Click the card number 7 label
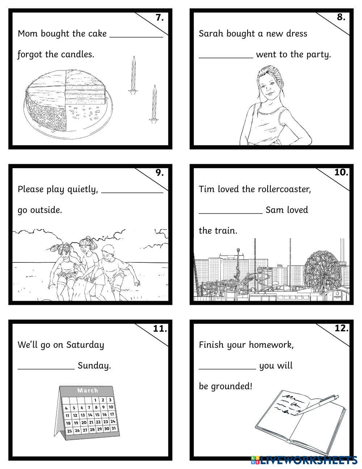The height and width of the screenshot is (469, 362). click(x=160, y=17)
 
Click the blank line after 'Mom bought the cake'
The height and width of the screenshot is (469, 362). click(x=136, y=37)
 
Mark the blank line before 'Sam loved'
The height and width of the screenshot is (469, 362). click(x=231, y=214)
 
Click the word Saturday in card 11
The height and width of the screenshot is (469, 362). click(x=85, y=345)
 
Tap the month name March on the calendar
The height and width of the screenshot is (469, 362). click(x=88, y=390)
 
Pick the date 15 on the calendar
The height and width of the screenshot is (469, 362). click(x=97, y=415)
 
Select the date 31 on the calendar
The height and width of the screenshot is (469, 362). click(x=114, y=428)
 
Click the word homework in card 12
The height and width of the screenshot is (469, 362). click(x=271, y=345)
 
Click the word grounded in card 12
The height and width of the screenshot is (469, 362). click(x=231, y=386)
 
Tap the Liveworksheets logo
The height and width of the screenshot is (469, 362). click(x=304, y=460)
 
